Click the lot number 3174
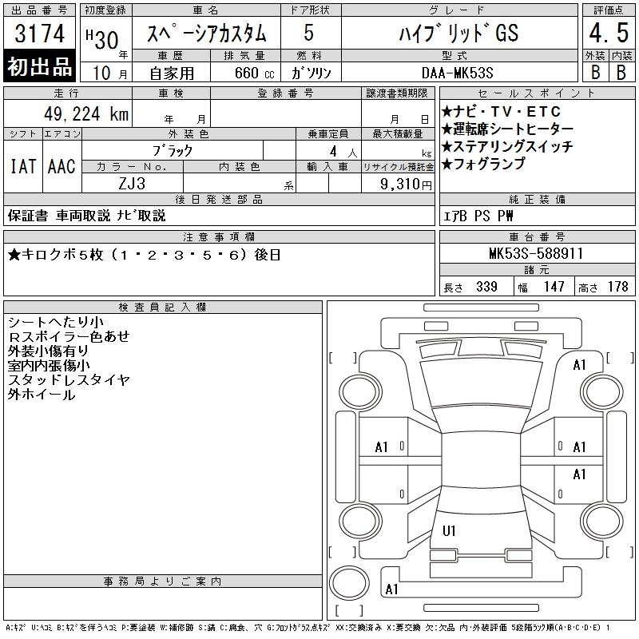click(39, 34)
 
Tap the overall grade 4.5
click(609, 33)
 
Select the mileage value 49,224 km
click(86, 114)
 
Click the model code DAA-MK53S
click(458, 73)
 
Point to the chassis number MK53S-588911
click(536, 253)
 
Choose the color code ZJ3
click(132, 184)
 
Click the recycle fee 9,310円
click(406, 185)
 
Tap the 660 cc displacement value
click(254, 73)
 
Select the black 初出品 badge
click(39, 66)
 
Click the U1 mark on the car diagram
click(449, 530)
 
